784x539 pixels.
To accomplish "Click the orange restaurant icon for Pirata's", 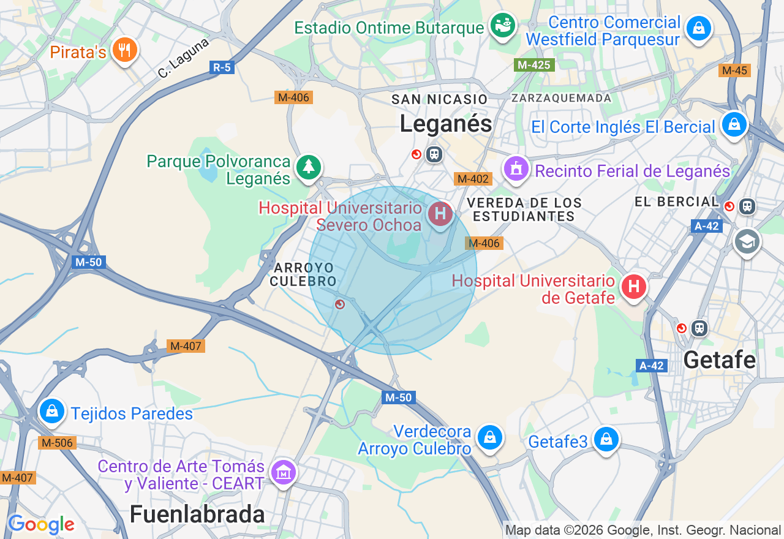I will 125,50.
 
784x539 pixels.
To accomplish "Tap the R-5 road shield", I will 221,67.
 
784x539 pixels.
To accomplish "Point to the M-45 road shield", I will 734,70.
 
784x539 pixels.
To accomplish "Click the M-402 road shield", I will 473,179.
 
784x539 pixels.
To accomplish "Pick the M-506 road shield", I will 57,443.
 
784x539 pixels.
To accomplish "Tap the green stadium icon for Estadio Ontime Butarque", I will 503,26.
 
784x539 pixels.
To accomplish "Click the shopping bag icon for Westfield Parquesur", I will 698,28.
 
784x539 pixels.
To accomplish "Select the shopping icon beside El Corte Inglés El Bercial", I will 733,125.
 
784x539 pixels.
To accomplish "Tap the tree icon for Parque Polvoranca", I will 309,167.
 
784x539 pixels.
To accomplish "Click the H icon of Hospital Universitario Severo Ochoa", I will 440,214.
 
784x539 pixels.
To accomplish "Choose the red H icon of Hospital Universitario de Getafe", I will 634,286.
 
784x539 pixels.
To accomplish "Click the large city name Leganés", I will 446,124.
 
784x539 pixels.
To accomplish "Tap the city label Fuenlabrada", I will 197,514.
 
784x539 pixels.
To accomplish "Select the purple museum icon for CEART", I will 283,473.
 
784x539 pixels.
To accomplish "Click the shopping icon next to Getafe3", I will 606,439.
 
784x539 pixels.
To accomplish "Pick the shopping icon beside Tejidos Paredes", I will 53,412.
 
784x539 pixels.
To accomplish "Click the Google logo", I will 41,524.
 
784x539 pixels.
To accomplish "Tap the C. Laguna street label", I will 183,58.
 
